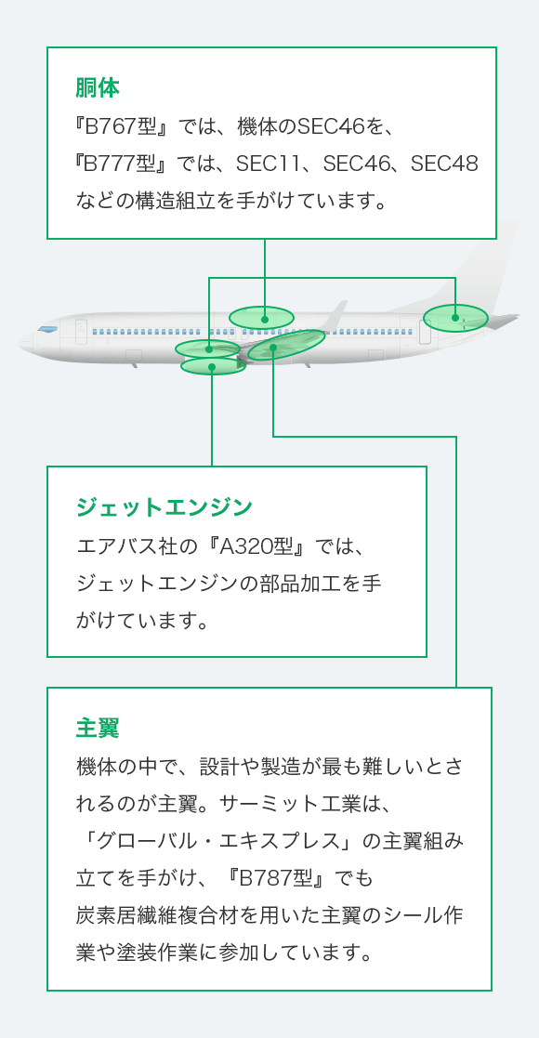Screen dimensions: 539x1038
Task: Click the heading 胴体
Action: click(98, 88)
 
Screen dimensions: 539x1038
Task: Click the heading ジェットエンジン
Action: click(164, 507)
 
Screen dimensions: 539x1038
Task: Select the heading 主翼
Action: click(98, 729)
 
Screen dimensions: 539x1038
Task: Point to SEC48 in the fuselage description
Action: click(444, 163)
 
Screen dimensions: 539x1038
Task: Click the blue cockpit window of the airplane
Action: click(47, 329)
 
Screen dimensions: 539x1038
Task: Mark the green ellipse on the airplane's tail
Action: click(455, 318)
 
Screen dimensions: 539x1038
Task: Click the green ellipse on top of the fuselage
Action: click(261, 318)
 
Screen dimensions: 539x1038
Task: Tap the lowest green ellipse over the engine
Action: click(213, 366)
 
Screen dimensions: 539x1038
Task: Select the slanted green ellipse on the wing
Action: click(287, 345)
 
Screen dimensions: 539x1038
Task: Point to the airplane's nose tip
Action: click(19, 342)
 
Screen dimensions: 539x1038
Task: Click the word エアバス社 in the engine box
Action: click(128, 547)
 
